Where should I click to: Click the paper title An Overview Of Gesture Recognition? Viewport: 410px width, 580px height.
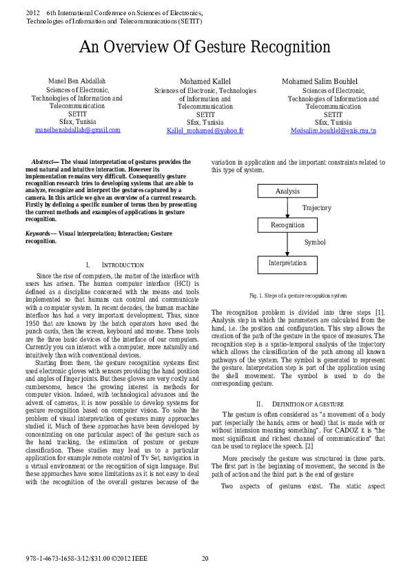pyautogui.click(x=205, y=47)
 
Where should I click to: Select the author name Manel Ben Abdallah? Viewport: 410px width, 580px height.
pyautogui.click(x=76, y=81)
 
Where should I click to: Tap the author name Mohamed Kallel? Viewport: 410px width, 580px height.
pyautogui.click(x=205, y=82)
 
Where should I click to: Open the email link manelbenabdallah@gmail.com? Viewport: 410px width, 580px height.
pyautogui.click(x=77, y=130)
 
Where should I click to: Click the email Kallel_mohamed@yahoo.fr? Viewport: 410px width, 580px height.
pyautogui.click(x=205, y=130)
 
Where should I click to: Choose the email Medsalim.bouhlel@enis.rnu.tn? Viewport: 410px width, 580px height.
pyautogui.click(x=333, y=130)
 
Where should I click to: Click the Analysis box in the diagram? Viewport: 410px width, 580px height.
pyautogui.click(x=287, y=191)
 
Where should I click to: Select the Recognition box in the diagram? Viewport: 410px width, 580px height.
pyautogui.click(x=287, y=225)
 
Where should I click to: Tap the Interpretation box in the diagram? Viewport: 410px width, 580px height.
pyautogui.click(x=287, y=264)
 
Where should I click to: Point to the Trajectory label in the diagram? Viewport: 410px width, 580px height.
pyautogui.click(x=316, y=207)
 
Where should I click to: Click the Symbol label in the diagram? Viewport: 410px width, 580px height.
pyautogui.click(x=315, y=242)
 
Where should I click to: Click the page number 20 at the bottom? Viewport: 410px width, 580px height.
pyautogui.click(x=205, y=558)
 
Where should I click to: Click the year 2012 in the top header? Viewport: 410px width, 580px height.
pyautogui.click(x=33, y=13)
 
